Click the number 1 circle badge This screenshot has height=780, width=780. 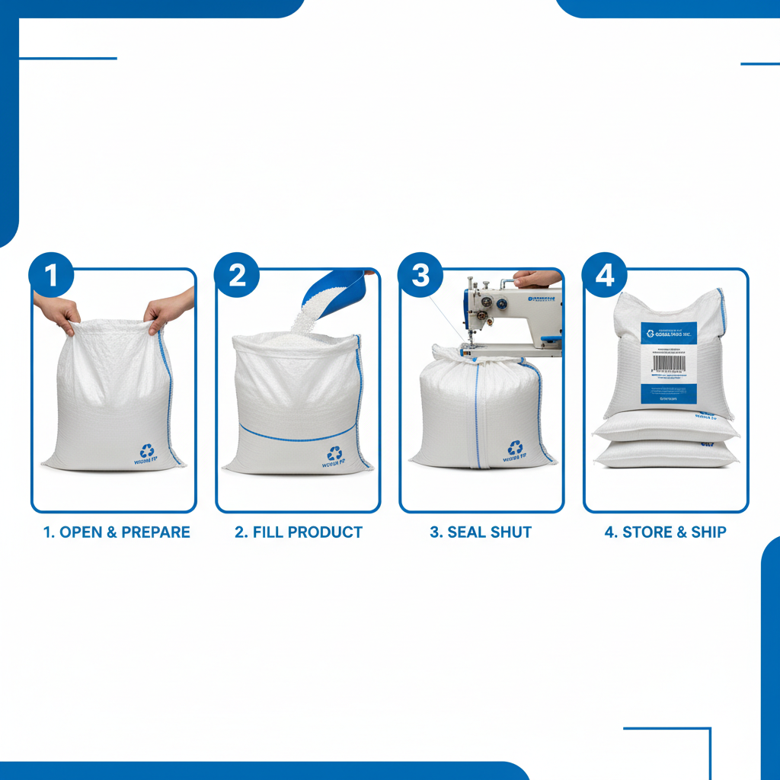point(52,275)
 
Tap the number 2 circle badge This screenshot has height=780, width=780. point(237,275)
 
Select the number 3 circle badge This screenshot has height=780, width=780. point(420,275)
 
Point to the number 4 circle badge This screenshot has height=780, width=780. point(605,275)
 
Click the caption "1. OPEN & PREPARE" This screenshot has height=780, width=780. point(117,532)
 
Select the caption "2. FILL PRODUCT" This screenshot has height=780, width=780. point(299,532)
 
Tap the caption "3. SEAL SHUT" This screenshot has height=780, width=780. point(481,532)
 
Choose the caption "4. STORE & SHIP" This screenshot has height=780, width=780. point(665,532)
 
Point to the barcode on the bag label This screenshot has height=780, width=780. point(669,363)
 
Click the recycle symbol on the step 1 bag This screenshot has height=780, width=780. point(147,451)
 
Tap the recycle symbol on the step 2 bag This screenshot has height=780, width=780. point(334,454)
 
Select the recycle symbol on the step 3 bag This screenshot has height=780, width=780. point(516,449)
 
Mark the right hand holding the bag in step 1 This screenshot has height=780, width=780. point(168,309)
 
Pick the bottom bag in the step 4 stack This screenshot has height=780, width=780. point(667,455)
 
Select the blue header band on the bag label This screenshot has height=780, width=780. point(669,333)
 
